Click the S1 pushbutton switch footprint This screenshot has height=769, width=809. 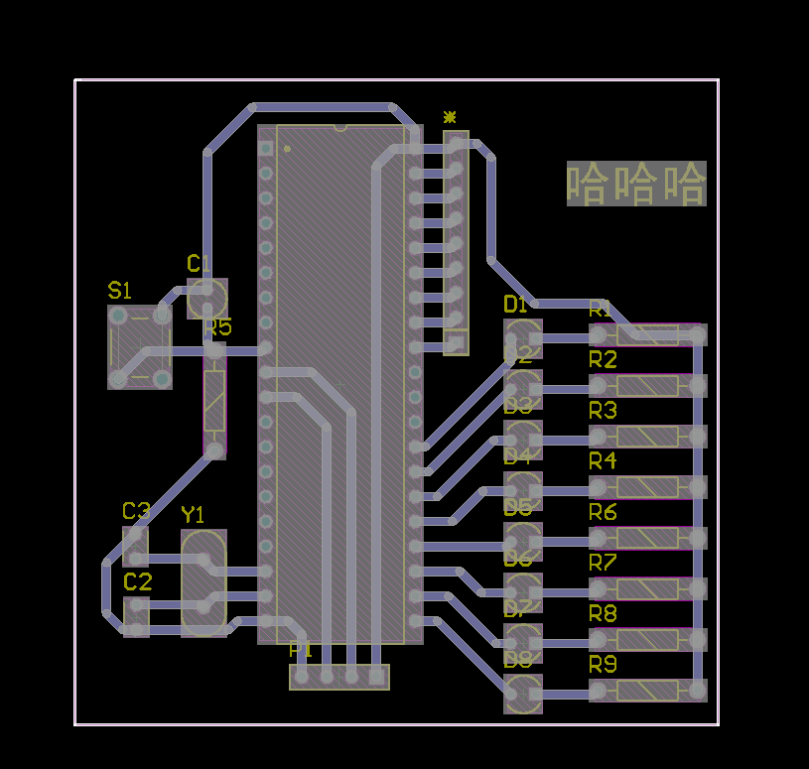(x=139, y=346)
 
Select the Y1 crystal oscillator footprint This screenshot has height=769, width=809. (x=204, y=582)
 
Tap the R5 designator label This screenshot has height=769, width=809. (x=218, y=327)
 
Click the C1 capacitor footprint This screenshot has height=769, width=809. (x=207, y=298)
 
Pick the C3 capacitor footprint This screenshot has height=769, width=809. (x=136, y=547)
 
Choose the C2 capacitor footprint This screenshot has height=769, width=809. (x=136, y=616)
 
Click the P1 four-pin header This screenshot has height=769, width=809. (x=338, y=677)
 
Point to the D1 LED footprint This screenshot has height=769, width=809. (x=523, y=338)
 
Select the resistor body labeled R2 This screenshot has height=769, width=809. (x=647, y=386)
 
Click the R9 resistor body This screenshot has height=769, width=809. (x=647, y=691)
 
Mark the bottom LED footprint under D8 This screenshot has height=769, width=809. (x=523, y=693)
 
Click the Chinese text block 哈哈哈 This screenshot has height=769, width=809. (x=636, y=184)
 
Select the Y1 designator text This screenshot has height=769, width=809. (x=193, y=514)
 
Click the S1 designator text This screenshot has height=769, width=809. (x=119, y=291)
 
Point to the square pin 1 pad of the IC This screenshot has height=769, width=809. (x=265, y=148)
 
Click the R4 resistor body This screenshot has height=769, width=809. (x=647, y=487)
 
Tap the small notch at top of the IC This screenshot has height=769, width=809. (x=340, y=128)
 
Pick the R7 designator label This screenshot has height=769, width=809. (x=603, y=563)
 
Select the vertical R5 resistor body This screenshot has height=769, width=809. (x=215, y=402)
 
